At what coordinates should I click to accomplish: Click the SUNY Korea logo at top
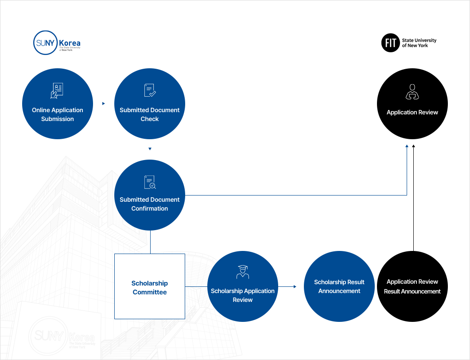click(x=57, y=43)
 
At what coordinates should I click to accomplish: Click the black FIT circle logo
click(x=391, y=43)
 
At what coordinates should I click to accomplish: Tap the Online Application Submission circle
click(x=58, y=104)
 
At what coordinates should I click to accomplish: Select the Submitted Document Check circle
click(x=150, y=104)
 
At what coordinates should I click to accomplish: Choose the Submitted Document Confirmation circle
click(x=150, y=195)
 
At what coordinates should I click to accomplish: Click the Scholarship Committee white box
click(x=150, y=286)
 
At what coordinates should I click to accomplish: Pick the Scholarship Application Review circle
click(x=243, y=286)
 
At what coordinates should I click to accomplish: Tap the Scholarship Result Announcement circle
click(x=339, y=286)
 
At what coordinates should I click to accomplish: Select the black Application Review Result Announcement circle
click(x=412, y=286)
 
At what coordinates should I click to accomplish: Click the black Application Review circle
click(x=412, y=104)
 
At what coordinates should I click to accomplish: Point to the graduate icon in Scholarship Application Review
click(x=243, y=272)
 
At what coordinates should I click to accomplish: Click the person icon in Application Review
click(x=412, y=92)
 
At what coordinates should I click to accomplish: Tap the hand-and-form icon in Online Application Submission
click(x=57, y=90)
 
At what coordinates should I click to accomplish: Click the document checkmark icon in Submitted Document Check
click(x=150, y=90)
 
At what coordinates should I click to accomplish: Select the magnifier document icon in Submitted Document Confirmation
click(x=150, y=182)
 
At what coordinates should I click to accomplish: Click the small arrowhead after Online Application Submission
click(x=104, y=103)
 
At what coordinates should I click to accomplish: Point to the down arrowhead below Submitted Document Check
click(x=150, y=149)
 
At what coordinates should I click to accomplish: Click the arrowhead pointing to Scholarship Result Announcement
click(x=295, y=286)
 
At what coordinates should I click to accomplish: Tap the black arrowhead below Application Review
click(x=414, y=146)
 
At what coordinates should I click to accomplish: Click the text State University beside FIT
click(x=419, y=40)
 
